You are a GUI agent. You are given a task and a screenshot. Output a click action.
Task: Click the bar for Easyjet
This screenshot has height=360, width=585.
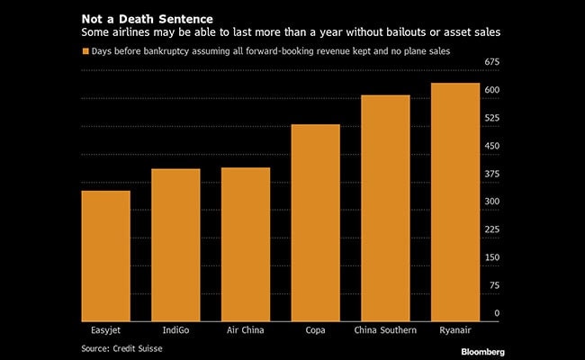coord(105,254)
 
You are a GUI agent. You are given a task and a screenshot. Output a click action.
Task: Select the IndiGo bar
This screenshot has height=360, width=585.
coord(175,243)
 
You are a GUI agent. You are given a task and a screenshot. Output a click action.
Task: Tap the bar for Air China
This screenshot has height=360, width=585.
coord(246,242)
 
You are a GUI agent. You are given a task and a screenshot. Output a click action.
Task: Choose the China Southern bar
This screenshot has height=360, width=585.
coord(385,206)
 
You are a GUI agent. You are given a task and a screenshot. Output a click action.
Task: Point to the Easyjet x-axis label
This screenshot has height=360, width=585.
coord(105,330)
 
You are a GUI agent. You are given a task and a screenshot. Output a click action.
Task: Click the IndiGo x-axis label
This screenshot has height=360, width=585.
coord(175,330)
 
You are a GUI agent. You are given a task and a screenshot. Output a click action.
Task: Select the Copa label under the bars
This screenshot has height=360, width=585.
coord(315,330)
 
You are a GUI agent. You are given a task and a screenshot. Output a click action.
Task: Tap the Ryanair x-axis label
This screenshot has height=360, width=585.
coord(455,330)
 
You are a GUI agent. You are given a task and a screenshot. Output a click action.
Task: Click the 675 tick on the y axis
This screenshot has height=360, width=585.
coord(492,62)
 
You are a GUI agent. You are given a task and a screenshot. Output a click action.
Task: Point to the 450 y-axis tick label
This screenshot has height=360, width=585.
coord(492,146)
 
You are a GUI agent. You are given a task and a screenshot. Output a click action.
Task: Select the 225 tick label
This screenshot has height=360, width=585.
coord(492,229)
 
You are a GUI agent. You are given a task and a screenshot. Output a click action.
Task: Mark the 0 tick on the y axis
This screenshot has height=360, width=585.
coord(497,313)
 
